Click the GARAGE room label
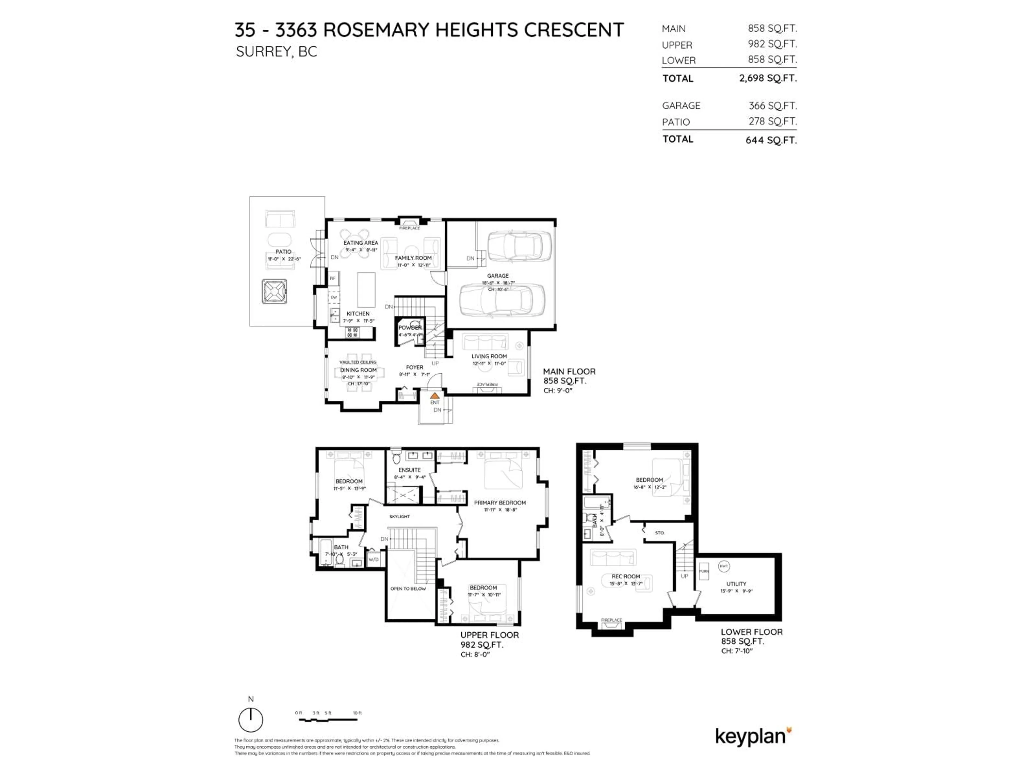pyautogui.click(x=497, y=276)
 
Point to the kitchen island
pyautogui.click(x=366, y=289)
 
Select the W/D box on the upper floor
pyautogui.click(x=373, y=559)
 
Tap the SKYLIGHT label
pyautogui.click(x=400, y=517)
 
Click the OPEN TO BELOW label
pyautogui.click(x=408, y=589)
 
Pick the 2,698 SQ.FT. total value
pyautogui.click(x=768, y=78)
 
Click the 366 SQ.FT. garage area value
pyautogui.click(x=772, y=106)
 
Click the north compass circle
pyautogui.click(x=251, y=720)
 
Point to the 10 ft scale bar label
pyautogui.click(x=357, y=713)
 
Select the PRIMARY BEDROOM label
pyautogui.click(x=500, y=503)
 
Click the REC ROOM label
pyautogui.click(x=625, y=577)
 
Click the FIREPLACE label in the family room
pyautogui.click(x=409, y=228)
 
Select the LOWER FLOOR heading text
pyautogui.click(x=751, y=632)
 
